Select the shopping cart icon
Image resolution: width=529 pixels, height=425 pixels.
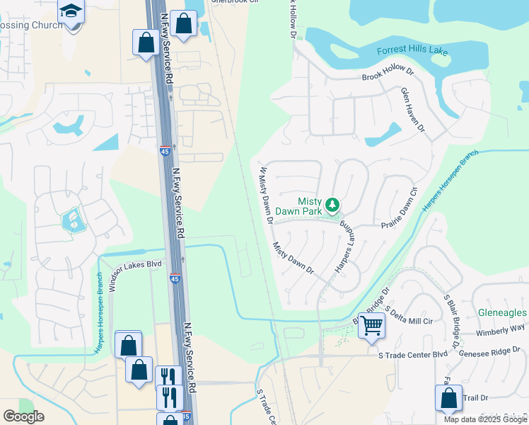point(371,327)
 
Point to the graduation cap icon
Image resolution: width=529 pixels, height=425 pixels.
point(71,12)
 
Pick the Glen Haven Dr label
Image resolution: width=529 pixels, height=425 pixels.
point(412,110)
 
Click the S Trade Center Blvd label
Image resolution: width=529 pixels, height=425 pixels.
point(413,354)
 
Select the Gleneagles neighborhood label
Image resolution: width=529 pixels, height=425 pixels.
point(502,312)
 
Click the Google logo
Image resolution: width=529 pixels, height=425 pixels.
point(23,416)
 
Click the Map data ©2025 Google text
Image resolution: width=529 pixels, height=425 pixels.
point(485,419)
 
